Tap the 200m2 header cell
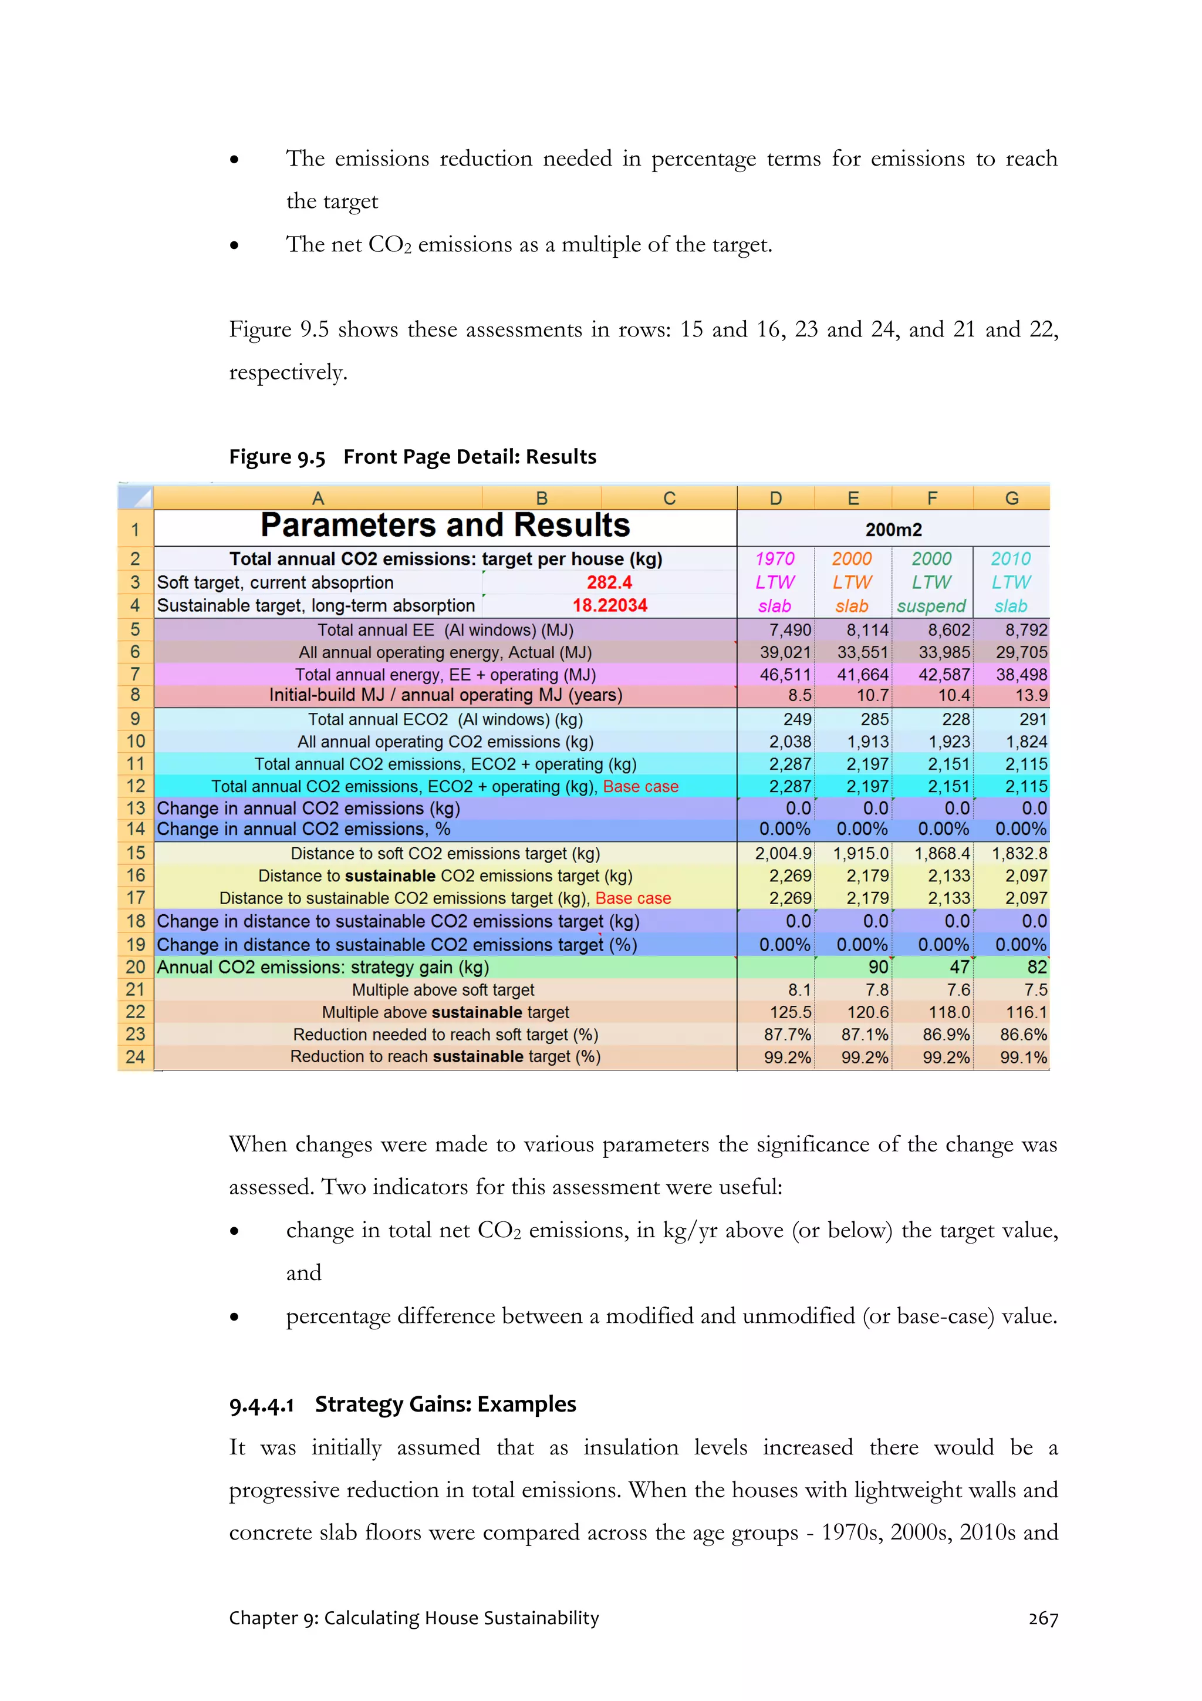(893, 530)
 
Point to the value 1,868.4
(941, 854)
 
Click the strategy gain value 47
(959, 967)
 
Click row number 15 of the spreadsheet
(135, 854)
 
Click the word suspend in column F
(931, 606)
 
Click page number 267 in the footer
(1043, 1619)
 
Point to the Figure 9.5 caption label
(277, 457)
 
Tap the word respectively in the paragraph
(288, 373)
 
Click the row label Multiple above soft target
(443, 990)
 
